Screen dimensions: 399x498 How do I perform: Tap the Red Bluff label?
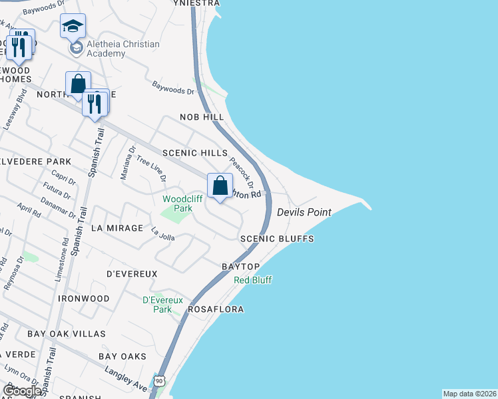coord(253,280)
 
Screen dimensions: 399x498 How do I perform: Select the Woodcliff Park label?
coord(178,203)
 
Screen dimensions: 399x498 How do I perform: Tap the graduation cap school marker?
coord(73,27)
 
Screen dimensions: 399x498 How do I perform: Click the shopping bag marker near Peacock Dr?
coord(220,186)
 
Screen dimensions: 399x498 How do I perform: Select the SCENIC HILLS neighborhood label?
coord(199,153)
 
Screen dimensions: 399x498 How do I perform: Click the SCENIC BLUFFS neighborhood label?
coord(277,239)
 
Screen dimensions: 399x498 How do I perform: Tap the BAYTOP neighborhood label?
coord(240,267)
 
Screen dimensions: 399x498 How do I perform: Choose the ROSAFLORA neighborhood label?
coord(216,310)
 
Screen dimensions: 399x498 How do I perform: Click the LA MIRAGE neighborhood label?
coord(117,228)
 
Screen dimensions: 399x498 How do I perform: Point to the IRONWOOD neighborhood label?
coord(83,299)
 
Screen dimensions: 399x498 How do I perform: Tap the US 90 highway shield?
coord(159,381)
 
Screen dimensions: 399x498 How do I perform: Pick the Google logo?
coord(21,391)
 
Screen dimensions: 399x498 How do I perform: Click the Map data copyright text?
coord(469,394)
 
